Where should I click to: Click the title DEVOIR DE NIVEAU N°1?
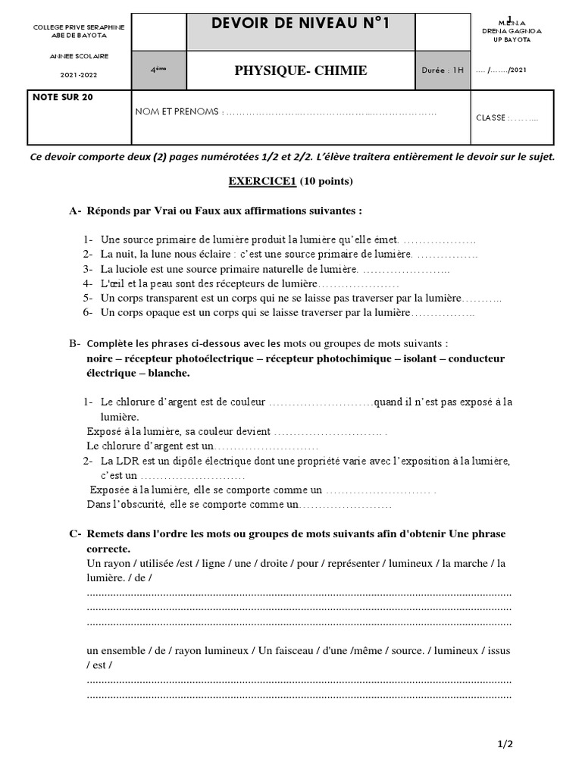[301, 24]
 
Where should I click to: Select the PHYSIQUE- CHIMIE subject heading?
[301, 70]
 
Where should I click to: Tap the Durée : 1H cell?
[443, 70]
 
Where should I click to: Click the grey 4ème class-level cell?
[158, 70]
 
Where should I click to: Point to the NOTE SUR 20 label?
[63, 97]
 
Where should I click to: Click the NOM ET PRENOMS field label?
[177, 112]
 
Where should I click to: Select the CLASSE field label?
[490, 117]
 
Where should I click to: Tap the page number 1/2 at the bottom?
[505, 744]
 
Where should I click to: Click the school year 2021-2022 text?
[80, 74]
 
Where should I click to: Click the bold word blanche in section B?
[168, 373]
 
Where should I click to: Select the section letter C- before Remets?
[75, 533]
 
